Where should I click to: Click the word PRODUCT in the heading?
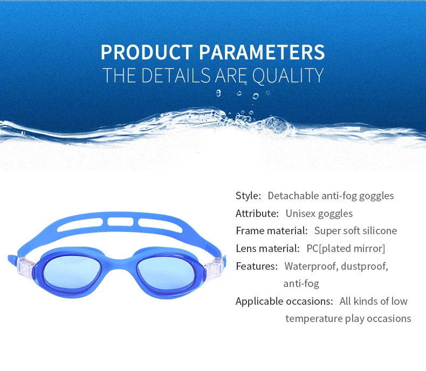point(147,52)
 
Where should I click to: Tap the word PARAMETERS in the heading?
point(262,52)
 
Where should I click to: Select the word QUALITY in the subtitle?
point(288,75)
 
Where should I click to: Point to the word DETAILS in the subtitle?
point(176,75)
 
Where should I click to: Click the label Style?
point(248,195)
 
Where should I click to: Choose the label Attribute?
point(257,213)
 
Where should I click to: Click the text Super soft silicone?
point(356,231)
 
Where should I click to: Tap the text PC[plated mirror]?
point(346,249)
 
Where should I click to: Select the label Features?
point(257,267)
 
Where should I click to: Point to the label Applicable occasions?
point(284,302)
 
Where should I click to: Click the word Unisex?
point(300,213)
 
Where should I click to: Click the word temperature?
point(314,319)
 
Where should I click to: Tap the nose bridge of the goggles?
point(119,263)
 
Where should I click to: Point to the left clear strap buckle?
point(25,267)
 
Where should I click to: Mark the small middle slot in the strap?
point(120,221)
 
